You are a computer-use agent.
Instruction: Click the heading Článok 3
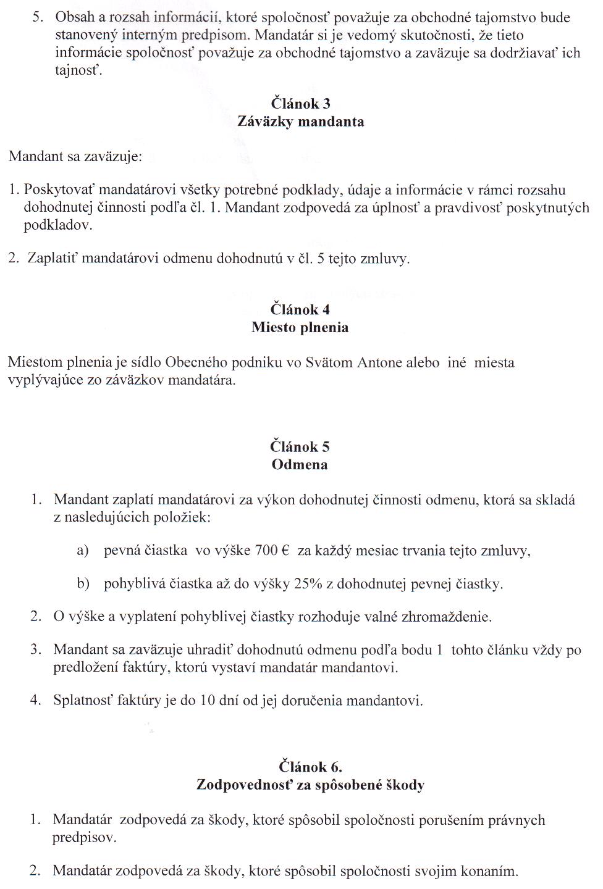point(300,104)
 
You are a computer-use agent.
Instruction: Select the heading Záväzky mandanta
point(300,122)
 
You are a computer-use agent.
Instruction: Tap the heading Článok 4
point(300,309)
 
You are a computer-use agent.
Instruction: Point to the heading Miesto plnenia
point(300,327)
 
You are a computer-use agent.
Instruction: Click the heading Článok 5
point(300,446)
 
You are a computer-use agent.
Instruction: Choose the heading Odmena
point(300,464)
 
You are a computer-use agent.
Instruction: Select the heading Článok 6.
point(310,767)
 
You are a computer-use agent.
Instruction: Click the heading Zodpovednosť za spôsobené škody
point(310,785)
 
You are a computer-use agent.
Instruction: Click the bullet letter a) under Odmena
point(83,551)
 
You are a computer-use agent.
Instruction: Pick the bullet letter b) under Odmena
point(83,583)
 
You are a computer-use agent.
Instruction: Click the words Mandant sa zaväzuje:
point(75,156)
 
